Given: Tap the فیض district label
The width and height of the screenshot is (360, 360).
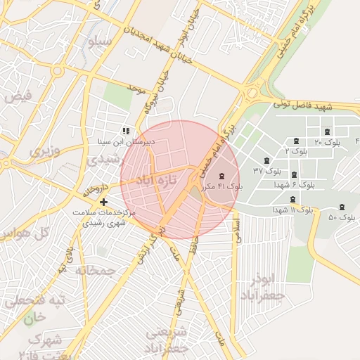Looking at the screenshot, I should tap(17, 96).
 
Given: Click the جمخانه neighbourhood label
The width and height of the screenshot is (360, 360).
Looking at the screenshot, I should tap(96, 271).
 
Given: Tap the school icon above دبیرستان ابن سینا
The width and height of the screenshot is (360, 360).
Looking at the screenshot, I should tap(126, 131).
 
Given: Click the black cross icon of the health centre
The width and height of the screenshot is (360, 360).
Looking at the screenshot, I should tap(104, 202).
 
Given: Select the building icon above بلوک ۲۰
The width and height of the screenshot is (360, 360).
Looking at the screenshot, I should tap(326, 132).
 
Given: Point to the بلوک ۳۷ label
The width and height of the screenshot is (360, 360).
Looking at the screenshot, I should tap(267, 171).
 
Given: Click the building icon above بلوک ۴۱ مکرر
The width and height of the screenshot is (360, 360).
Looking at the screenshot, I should tap(222, 176).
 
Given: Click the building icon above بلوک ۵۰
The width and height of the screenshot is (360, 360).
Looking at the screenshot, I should tap(342, 207).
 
